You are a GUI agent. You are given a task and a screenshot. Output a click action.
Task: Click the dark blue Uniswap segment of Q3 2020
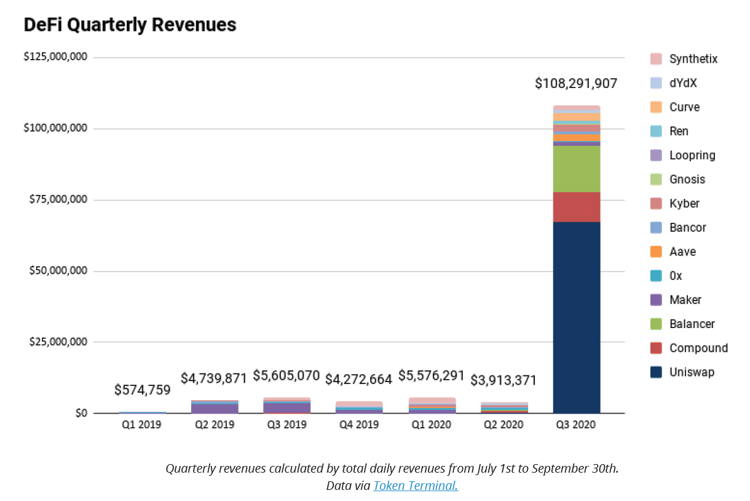pos(577,317)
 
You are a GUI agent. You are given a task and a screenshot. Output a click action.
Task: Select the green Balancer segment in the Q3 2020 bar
pos(577,169)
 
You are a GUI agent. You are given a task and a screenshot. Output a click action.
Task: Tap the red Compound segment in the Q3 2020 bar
pos(577,207)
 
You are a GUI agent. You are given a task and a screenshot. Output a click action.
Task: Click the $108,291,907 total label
pos(576,84)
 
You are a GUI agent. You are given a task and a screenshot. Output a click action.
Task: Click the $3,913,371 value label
pos(503,380)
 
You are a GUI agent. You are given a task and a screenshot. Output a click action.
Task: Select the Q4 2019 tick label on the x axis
pos(359,425)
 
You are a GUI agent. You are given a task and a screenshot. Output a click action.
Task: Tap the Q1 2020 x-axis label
pos(432,425)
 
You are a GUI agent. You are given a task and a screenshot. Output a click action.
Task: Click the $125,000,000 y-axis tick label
pos(56,57)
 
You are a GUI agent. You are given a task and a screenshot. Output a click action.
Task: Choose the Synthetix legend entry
pos(693,59)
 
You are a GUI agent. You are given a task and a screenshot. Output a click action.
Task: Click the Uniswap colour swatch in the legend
pos(657,372)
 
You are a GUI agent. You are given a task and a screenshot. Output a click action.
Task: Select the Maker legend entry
pos(685,300)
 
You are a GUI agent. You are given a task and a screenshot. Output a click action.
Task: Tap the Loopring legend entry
pos(692,155)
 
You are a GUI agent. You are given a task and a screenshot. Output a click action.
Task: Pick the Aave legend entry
pos(682,252)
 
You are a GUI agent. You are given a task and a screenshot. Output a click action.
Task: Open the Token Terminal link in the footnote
pos(416,486)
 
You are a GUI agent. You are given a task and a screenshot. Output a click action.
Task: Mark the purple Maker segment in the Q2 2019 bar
pos(215,408)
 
